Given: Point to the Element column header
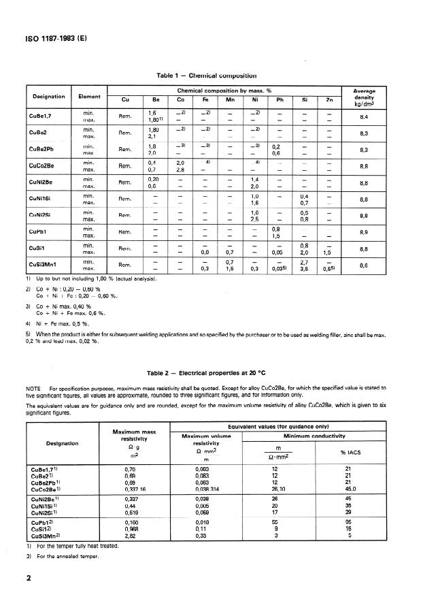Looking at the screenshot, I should (x=89, y=97).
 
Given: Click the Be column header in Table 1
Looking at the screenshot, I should (x=154, y=99).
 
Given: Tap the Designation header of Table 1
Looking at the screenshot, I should (x=47, y=97).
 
